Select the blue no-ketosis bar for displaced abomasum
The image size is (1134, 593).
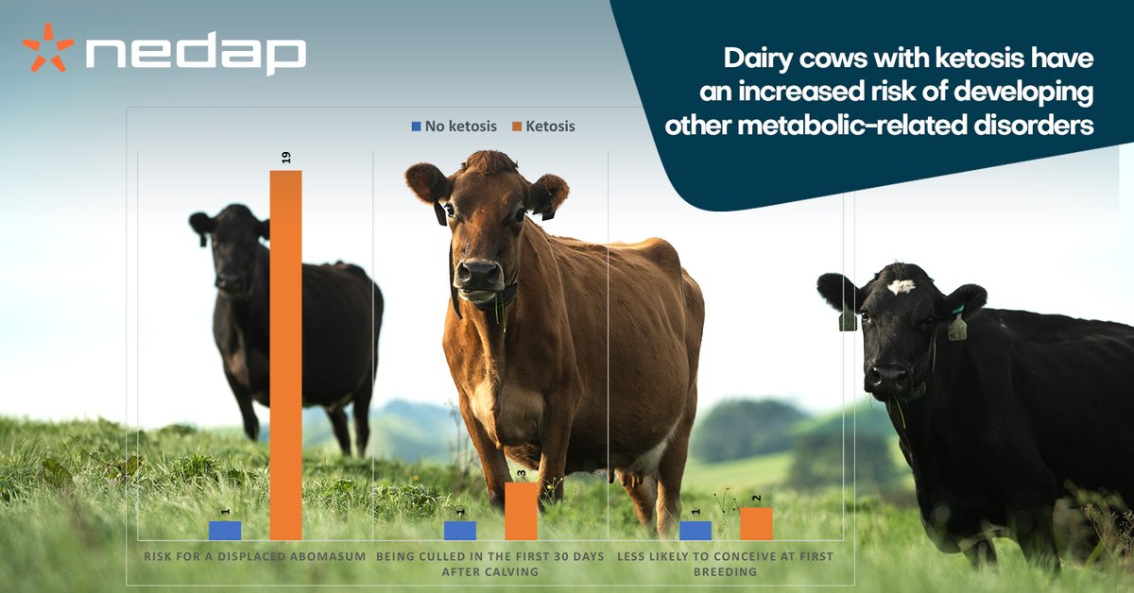[x=225, y=530]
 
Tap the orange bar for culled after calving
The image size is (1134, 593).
[x=521, y=511]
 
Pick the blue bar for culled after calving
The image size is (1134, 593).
[x=459, y=530]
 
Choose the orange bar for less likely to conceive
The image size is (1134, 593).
[x=756, y=523]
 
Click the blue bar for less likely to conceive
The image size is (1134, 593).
[x=695, y=530]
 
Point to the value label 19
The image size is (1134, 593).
[x=286, y=157]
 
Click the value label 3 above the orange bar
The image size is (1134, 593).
[x=521, y=471]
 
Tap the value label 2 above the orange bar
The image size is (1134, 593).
[x=756, y=497]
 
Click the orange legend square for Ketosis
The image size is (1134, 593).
[x=516, y=127]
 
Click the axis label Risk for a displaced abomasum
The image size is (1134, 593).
[x=255, y=557]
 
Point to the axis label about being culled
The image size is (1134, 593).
[x=490, y=564]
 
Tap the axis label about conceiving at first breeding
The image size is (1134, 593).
[x=725, y=564]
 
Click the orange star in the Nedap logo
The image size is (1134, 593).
[x=47, y=47]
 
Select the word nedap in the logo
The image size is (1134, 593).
[x=195, y=55]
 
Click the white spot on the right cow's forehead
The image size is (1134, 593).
[x=902, y=286]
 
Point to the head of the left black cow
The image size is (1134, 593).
[x=227, y=250]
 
